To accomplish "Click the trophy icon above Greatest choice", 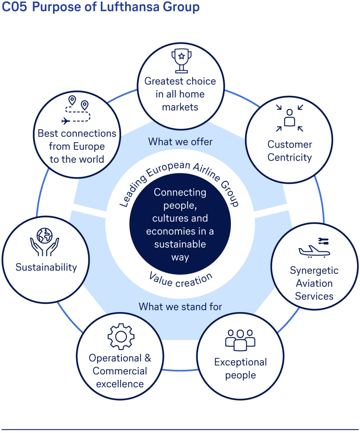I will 181,60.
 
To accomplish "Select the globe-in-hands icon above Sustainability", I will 44,242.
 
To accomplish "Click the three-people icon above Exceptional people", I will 240,340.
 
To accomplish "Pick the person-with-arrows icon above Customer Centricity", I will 290,118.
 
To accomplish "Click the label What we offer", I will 180,142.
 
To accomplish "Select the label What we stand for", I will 180,307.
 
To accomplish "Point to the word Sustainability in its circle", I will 46,267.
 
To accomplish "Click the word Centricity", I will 289,158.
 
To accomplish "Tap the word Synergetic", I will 314,271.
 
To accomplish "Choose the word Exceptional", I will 240,362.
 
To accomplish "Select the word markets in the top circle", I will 180,107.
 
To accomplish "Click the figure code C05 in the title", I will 14,7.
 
